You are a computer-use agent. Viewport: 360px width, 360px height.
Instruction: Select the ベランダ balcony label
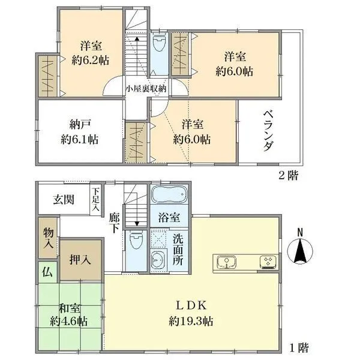click(x=268, y=131)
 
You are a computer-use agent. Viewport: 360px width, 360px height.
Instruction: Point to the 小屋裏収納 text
click(x=146, y=88)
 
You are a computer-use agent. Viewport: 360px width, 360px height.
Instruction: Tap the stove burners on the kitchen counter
click(x=266, y=261)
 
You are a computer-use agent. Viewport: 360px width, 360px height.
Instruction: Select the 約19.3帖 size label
click(x=191, y=321)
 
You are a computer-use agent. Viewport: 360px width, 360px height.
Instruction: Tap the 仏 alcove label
click(x=47, y=272)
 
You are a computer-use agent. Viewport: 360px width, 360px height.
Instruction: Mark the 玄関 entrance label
click(x=62, y=199)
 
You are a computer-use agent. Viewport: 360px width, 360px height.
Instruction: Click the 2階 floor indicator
click(x=287, y=176)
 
